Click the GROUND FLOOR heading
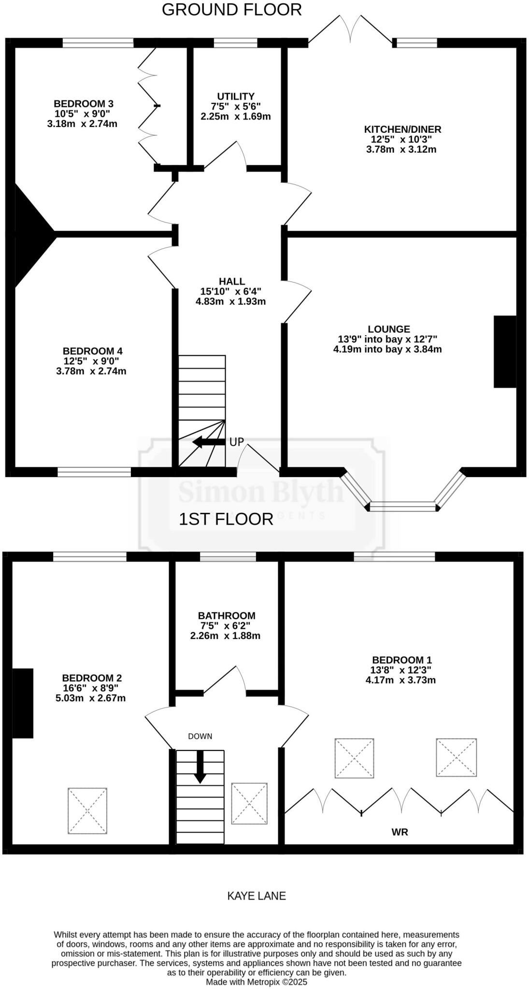(x=231, y=10)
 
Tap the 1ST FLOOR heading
(x=226, y=519)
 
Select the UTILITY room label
(x=235, y=96)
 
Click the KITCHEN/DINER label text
(x=402, y=129)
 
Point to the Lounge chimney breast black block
(x=505, y=352)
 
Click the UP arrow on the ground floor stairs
(x=209, y=442)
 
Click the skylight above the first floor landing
(x=249, y=804)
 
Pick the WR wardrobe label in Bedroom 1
(x=400, y=832)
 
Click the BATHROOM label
(x=227, y=616)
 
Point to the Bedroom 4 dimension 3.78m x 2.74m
(x=91, y=371)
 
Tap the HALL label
(x=232, y=281)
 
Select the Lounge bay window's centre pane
(x=403, y=507)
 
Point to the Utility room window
(x=235, y=43)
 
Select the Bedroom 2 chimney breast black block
(x=23, y=703)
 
